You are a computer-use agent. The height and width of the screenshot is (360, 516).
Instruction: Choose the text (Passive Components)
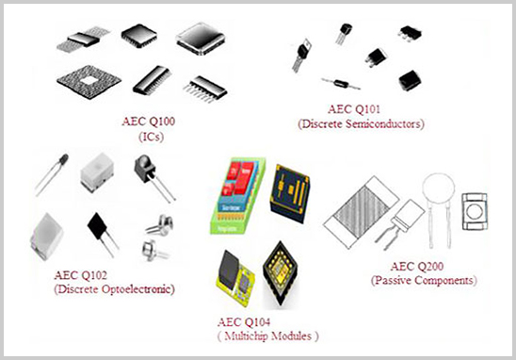[423, 281]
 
